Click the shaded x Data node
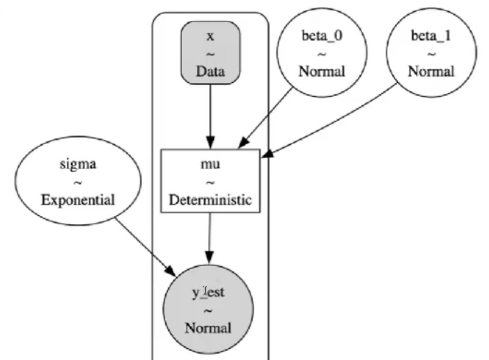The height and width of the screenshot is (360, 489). pyautogui.click(x=210, y=53)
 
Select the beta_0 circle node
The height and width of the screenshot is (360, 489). pyautogui.click(x=321, y=53)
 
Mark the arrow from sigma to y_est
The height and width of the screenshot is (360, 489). pyautogui.click(x=143, y=244)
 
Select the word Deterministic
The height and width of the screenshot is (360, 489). pyautogui.click(x=210, y=199)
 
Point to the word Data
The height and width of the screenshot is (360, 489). pyautogui.click(x=210, y=70)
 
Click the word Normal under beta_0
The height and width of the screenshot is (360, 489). pyautogui.click(x=321, y=70)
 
